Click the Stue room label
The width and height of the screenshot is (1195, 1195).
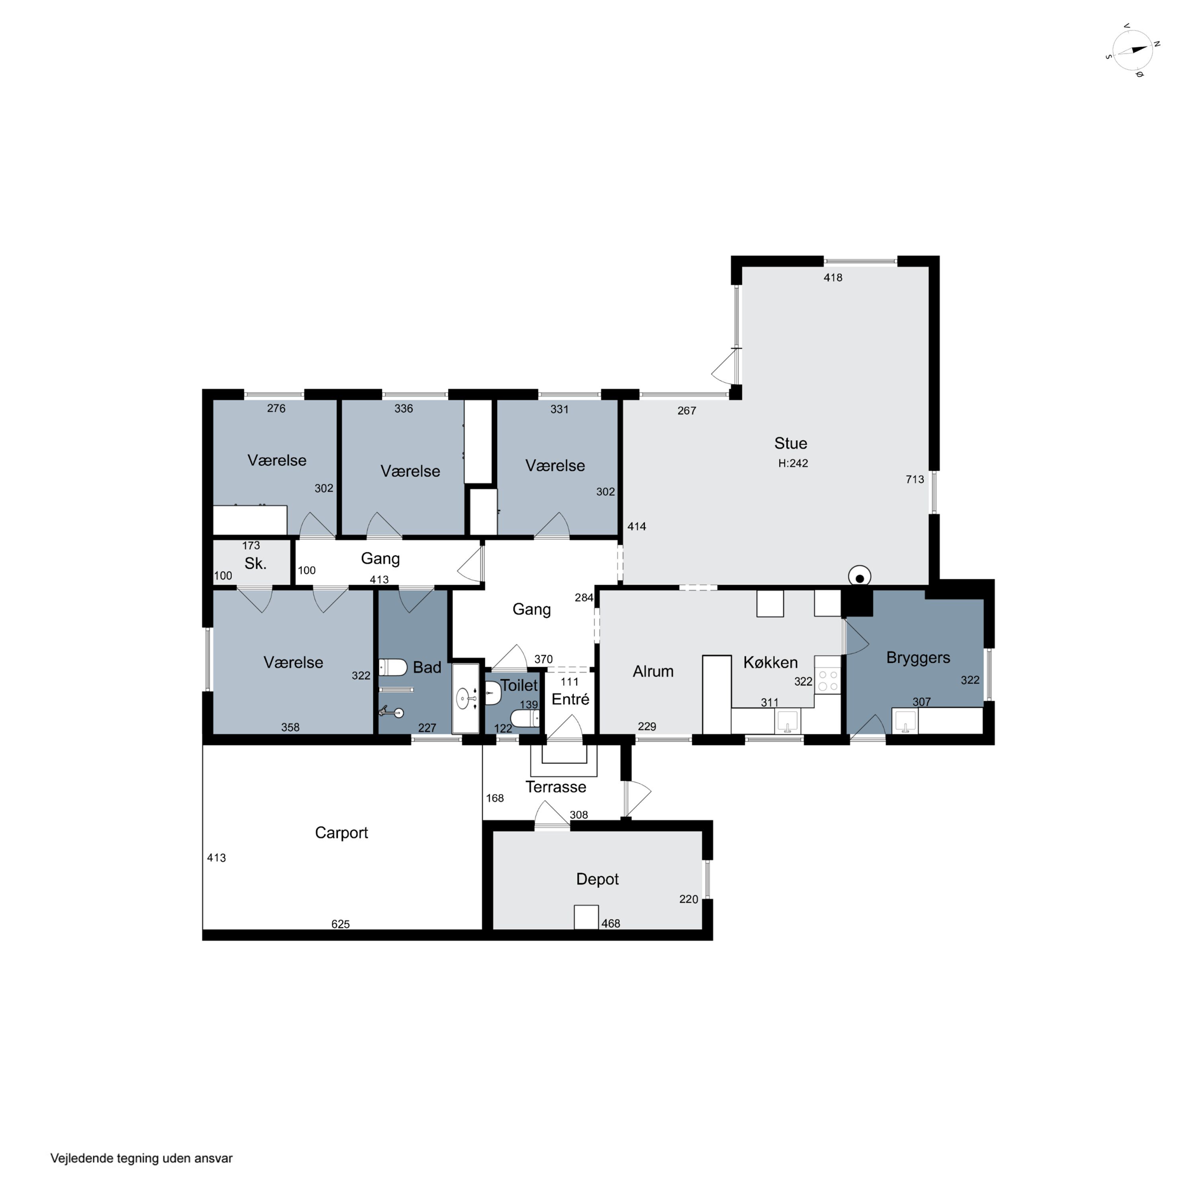pyautogui.click(x=790, y=443)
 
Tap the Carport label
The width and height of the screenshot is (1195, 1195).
pyautogui.click(x=341, y=833)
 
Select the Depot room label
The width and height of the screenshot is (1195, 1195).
pyautogui.click(x=597, y=879)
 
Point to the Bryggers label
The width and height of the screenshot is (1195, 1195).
pyautogui.click(x=918, y=658)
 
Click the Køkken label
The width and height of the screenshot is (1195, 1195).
pyautogui.click(x=770, y=662)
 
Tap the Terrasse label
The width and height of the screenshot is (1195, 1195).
pyautogui.click(x=555, y=787)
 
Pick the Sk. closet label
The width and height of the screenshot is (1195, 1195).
pyautogui.click(x=255, y=564)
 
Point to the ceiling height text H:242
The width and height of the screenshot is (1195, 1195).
pyautogui.click(x=793, y=463)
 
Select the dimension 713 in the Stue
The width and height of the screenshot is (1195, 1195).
pyautogui.click(x=914, y=479)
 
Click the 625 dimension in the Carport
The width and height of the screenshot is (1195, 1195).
pyautogui.click(x=340, y=924)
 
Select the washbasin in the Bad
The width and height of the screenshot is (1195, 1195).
pyautogui.click(x=465, y=699)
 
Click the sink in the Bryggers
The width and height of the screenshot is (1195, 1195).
pyautogui.click(x=905, y=721)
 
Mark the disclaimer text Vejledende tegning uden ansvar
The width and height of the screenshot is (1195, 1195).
pyautogui.click(x=141, y=1158)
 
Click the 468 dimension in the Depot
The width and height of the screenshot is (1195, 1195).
pyautogui.click(x=611, y=923)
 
